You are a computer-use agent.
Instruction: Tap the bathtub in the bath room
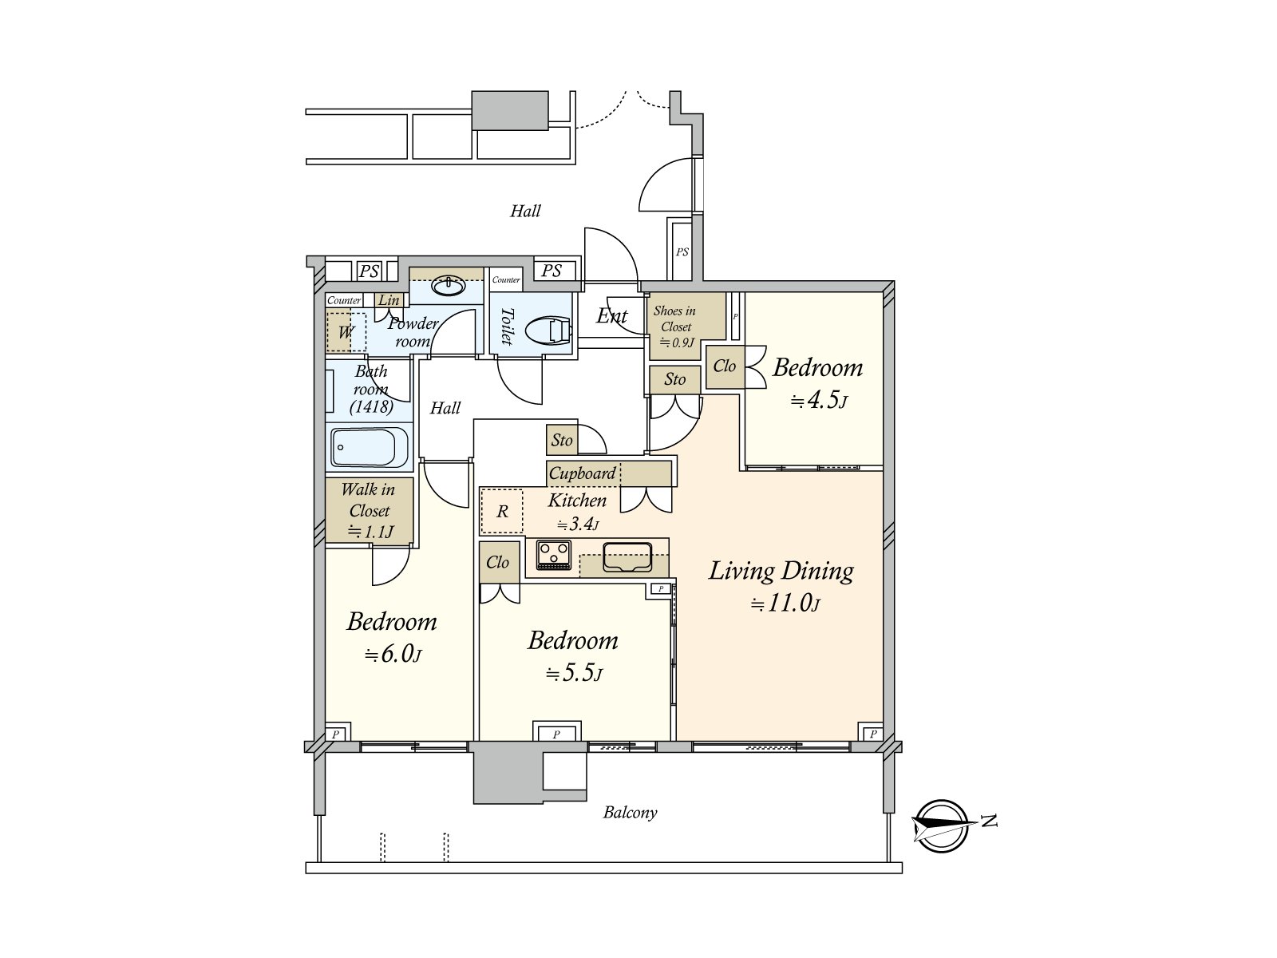[x=370, y=447]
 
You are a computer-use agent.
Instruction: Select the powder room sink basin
[x=449, y=287]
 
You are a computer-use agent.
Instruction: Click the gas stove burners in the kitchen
[x=553, y=555]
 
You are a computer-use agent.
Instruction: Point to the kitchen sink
[x=627, y=556]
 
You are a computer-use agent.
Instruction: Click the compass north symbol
[x=942, y=826]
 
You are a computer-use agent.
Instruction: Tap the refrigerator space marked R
[x=501, y=511]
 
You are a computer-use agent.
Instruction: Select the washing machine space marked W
[x=346, y=332]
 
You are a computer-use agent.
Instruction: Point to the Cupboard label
[x=582, y=473]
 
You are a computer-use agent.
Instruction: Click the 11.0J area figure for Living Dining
[x=785, y=604]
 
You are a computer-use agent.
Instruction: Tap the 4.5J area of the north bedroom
[x=818, y=400]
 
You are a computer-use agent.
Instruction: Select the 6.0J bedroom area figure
[x=393, y=655]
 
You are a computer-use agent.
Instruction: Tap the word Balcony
[x=630, y=812]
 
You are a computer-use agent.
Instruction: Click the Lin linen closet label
[x=389, y=299]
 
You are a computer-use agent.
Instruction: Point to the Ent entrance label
[x=611, y=316]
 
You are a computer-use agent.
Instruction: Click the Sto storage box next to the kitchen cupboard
[x=561, y=440]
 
